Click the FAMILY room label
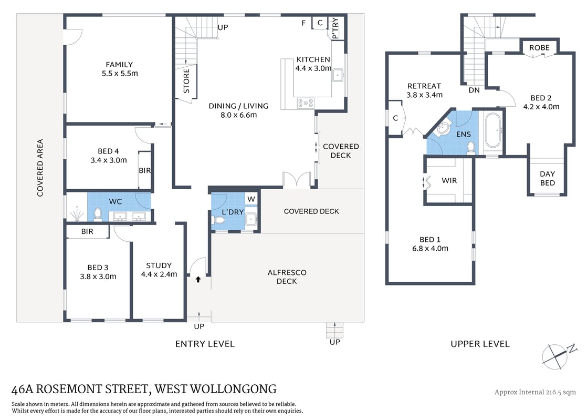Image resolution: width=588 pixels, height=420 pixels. click(x=120, y=65)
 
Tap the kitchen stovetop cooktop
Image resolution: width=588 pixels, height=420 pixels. click(x=305, y=103)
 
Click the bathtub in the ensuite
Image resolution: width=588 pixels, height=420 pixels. click(x=493, y=130)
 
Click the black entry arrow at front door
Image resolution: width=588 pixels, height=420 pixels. click(x=199, y=280)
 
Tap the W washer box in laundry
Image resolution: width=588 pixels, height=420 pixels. click(x=251, y=199)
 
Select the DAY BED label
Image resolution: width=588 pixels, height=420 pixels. click(x=547, y=178)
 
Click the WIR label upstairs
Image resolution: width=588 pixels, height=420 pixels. click(x=449, y=180)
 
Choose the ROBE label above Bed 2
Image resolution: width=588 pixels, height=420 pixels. click(x=539, y=47)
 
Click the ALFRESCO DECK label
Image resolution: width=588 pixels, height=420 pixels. click(x=287, y=276)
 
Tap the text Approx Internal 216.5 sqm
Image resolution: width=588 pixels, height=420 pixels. click(x=535, y=392)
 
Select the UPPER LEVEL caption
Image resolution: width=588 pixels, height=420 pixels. click(x=480, y=344)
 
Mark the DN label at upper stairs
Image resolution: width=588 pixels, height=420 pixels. click(x=474, y=90)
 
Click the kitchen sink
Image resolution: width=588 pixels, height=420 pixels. click(x=338, y=75)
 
